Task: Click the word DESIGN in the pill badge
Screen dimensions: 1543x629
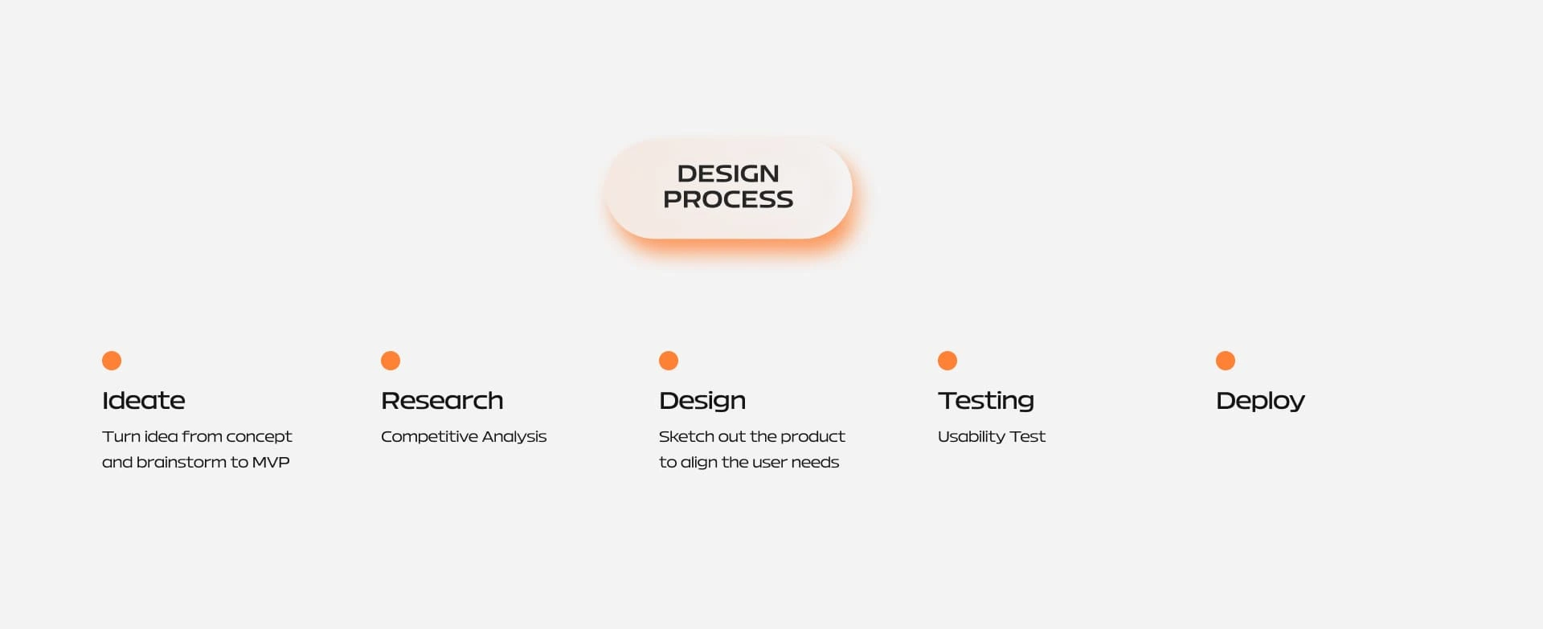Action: (728, 174)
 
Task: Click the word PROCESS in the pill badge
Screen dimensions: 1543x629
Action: (728, 199)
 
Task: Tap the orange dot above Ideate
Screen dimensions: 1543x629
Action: (112, 361)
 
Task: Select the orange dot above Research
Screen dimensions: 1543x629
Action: (391, 361)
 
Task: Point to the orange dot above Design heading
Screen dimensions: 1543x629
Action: (669, 361)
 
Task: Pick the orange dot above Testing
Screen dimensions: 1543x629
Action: (947, 361)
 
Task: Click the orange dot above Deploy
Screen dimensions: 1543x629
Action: (1226, 361)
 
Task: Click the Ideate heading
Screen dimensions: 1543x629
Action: (144, 400)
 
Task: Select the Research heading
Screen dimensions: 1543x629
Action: (442, 400)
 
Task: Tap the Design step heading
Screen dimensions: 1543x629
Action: (702, 401)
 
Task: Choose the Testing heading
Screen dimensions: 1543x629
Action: (986, 401)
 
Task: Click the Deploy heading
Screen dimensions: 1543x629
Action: (1260, 401)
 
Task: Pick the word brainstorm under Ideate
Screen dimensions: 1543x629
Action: (181, 462)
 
